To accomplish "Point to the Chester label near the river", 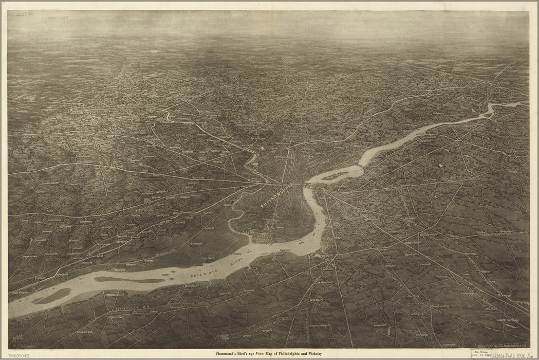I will click(40, 278).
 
